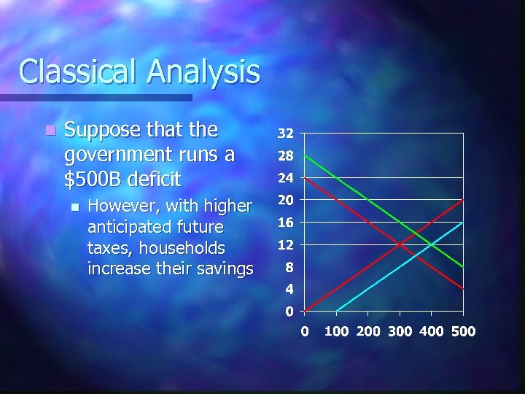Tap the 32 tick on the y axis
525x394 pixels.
tap(285, 134)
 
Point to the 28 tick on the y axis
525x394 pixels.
tap(285, 156)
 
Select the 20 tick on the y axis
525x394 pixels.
tap(285, 200)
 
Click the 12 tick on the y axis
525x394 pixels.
tap(285, 244)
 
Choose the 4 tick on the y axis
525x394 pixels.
tap(289, 289)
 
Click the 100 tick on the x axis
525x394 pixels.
tap(336, 331)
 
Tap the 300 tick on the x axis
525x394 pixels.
tap(400, 331)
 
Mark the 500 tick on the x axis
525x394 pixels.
tap(463, 331)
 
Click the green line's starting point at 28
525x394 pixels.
tap(306, 156)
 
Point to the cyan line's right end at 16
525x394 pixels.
tap(463, 222)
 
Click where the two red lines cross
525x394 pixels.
tap(400, 244)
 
